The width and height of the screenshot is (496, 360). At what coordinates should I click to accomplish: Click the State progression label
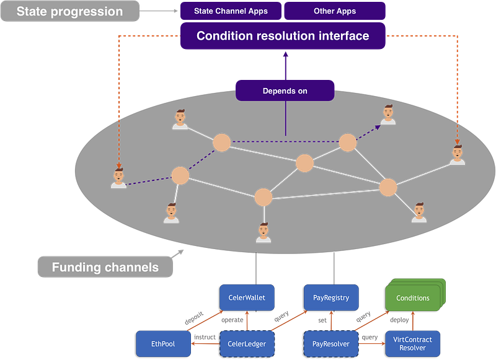point(69,11)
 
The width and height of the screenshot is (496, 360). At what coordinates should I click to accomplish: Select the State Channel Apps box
point(230,11)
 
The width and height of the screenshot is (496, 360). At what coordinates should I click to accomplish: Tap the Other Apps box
point(335,11)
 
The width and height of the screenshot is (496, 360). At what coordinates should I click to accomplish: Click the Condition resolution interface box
point(283,36)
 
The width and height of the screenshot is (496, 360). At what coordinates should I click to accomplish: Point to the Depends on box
point(285,91)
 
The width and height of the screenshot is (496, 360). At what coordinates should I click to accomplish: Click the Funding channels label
point(105,268)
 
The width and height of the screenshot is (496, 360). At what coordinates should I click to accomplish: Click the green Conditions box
point(412,297)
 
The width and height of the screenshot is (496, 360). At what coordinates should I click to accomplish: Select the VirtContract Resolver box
point(413,343)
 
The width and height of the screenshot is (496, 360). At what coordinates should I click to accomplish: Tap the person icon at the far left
point(118,178)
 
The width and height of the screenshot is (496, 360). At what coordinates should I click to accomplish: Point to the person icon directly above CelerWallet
point(263,232)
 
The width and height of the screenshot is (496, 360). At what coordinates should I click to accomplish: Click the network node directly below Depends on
point(304,163)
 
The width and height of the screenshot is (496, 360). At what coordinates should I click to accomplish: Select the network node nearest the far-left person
point(180,175)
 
